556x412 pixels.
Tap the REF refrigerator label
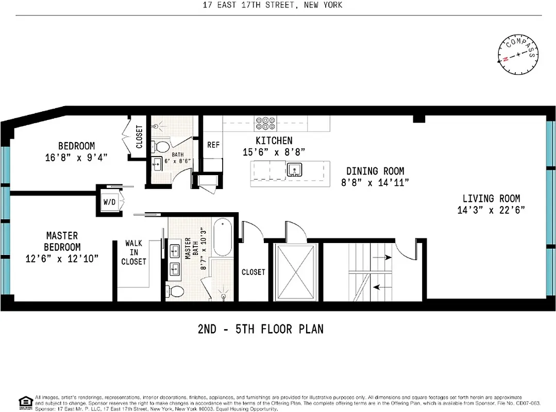click(x=213, y=145)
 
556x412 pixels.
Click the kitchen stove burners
click(x=265, y=123)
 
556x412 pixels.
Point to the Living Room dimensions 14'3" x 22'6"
click(x=491, y=210)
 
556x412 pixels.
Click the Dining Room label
click(x=375, y=171)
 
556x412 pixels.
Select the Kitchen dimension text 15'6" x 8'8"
click(x=274, y=152)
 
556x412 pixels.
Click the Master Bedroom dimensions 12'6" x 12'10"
click(x=61, y=259)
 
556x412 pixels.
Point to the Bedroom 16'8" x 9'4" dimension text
click(x=76, y=158)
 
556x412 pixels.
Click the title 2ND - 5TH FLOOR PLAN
click(x=261, y=329)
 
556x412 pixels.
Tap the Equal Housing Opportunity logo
click(x=25, y=402)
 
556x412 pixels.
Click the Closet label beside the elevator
click(x=253, y=272)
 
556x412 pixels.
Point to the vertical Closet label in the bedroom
click(x=140, y=137)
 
